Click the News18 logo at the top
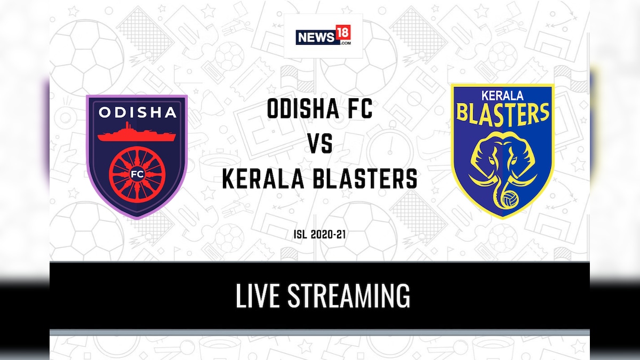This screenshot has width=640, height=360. [x=323, y=36]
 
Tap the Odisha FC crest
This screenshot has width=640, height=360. [x=137, y=156]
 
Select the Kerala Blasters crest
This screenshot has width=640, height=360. [x=502, y=150]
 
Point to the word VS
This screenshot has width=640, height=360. [x=319, y=145]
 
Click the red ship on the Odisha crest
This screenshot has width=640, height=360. [x=137, y=133]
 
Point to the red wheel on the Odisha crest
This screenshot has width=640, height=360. [x=137, y=172]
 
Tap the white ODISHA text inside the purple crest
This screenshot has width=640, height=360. [x=137, y=113]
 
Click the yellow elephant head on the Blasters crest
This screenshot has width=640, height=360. [x=502, y=160]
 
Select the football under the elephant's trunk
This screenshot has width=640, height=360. [x=503, y=198]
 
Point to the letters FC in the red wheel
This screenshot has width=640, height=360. [x=137, y=173]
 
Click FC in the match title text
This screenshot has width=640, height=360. [x=356, y=110]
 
